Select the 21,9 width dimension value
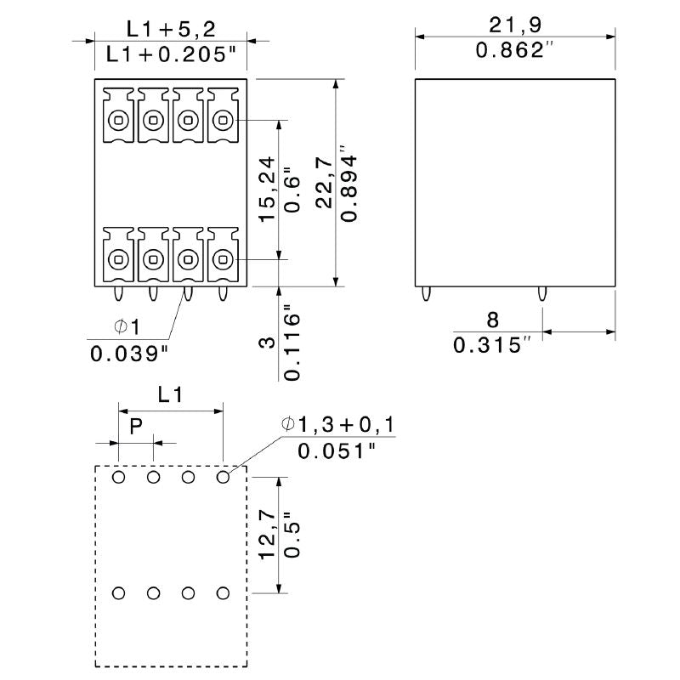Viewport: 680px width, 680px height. coord(514,23)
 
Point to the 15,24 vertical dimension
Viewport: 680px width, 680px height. coord(266,190)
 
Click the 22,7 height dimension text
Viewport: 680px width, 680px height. coord(324,185)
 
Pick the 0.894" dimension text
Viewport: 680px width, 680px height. coord(348,185)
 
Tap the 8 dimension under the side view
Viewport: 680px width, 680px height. coord(492,320)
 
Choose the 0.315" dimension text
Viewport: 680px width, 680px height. coord(492,345)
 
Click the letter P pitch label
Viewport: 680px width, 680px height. coord(135,427)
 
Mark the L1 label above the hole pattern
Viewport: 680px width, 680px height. coord(170,394)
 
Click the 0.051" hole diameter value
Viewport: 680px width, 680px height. coord(337,450)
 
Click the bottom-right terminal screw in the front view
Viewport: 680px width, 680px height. coord(223,258)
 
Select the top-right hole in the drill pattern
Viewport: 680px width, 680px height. coord(224,478)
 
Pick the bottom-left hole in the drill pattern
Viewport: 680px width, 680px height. coord(118,592)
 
